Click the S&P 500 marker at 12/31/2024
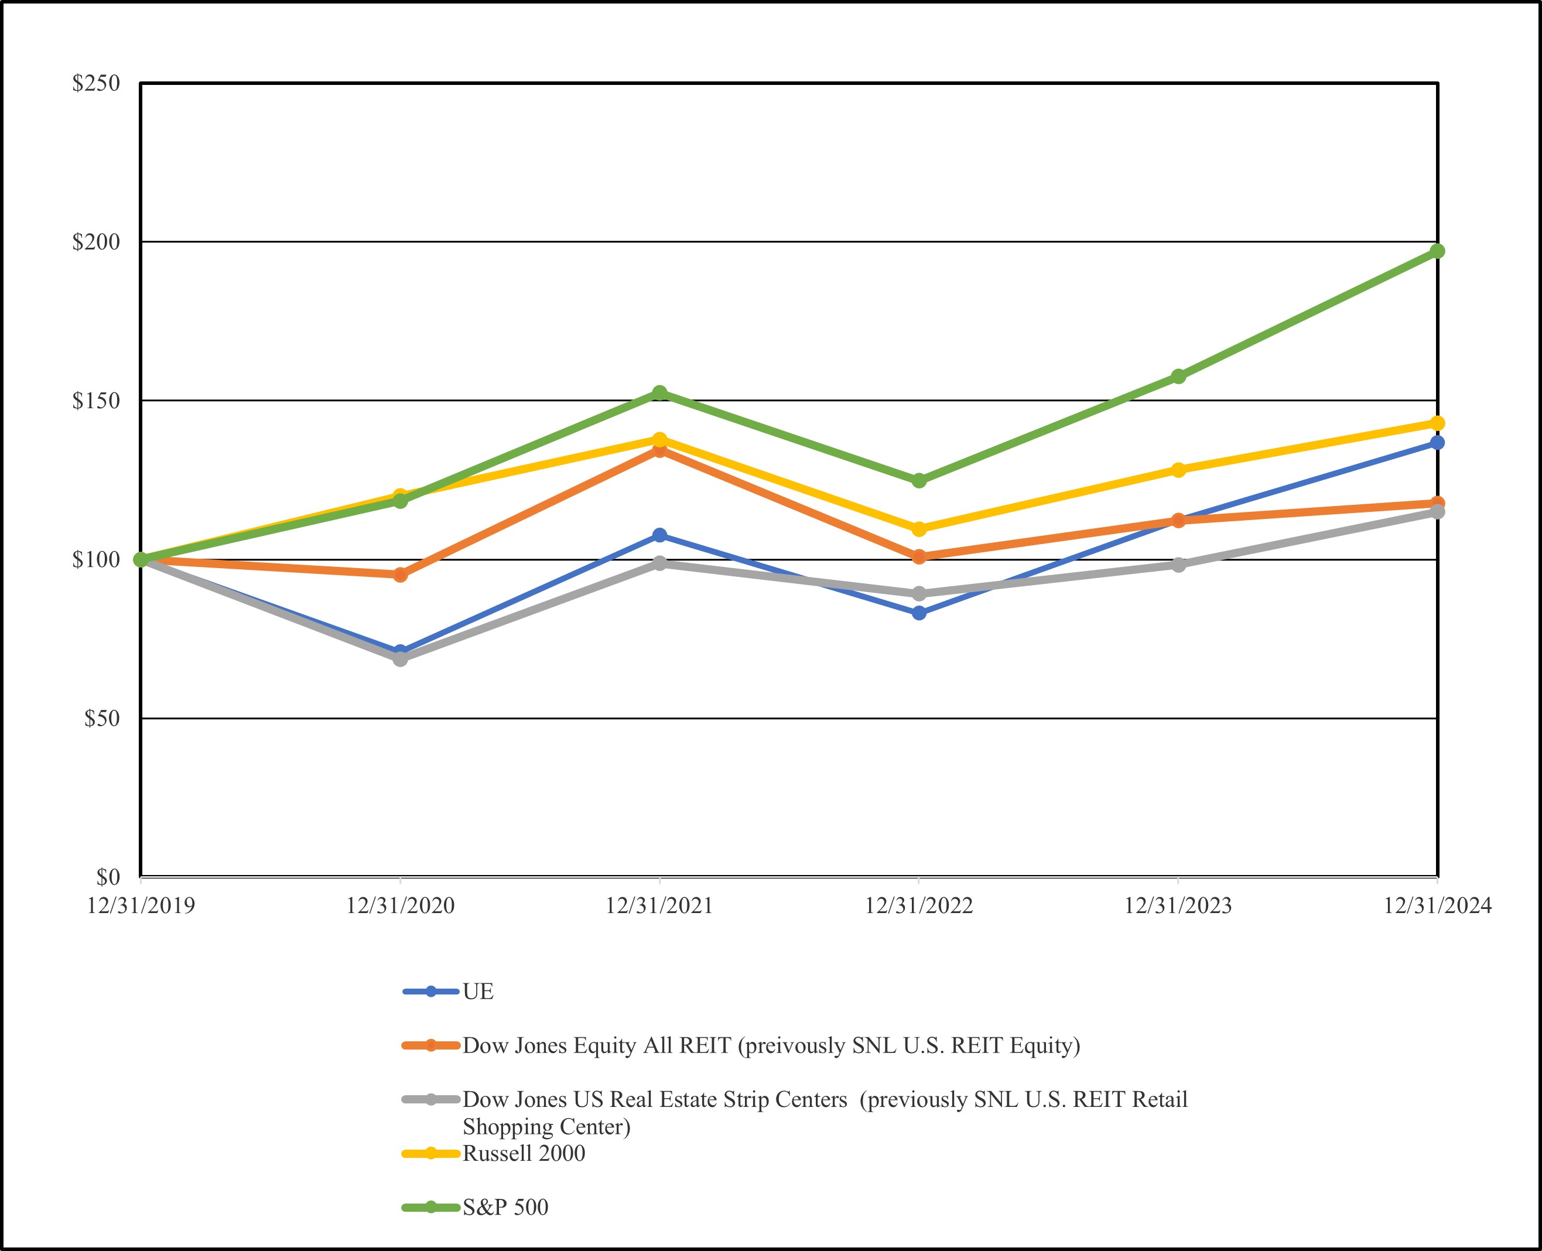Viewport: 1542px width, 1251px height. coord(1437,251)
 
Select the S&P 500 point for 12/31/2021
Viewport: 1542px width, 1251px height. coord(659,393)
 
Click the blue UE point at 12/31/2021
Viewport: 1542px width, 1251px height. coord(659,535)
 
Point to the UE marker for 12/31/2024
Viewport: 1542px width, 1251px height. coord(1437,442)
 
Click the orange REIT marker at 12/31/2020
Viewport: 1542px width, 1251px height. coord(400,575)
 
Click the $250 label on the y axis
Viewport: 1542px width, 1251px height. coord(96,84)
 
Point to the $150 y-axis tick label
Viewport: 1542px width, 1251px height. coord(96,401)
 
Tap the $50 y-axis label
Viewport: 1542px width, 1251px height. coord(101,719)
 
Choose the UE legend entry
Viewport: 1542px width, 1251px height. coord(478,992)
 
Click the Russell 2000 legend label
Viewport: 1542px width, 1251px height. coord(523,1153)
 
